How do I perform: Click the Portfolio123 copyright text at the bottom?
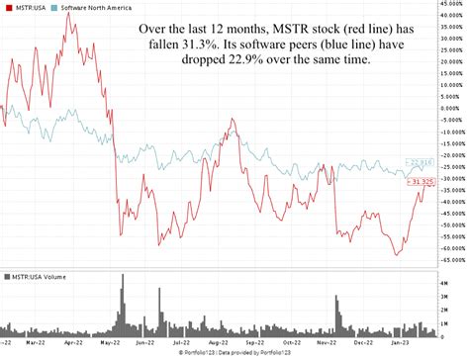tap(234, 354)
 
